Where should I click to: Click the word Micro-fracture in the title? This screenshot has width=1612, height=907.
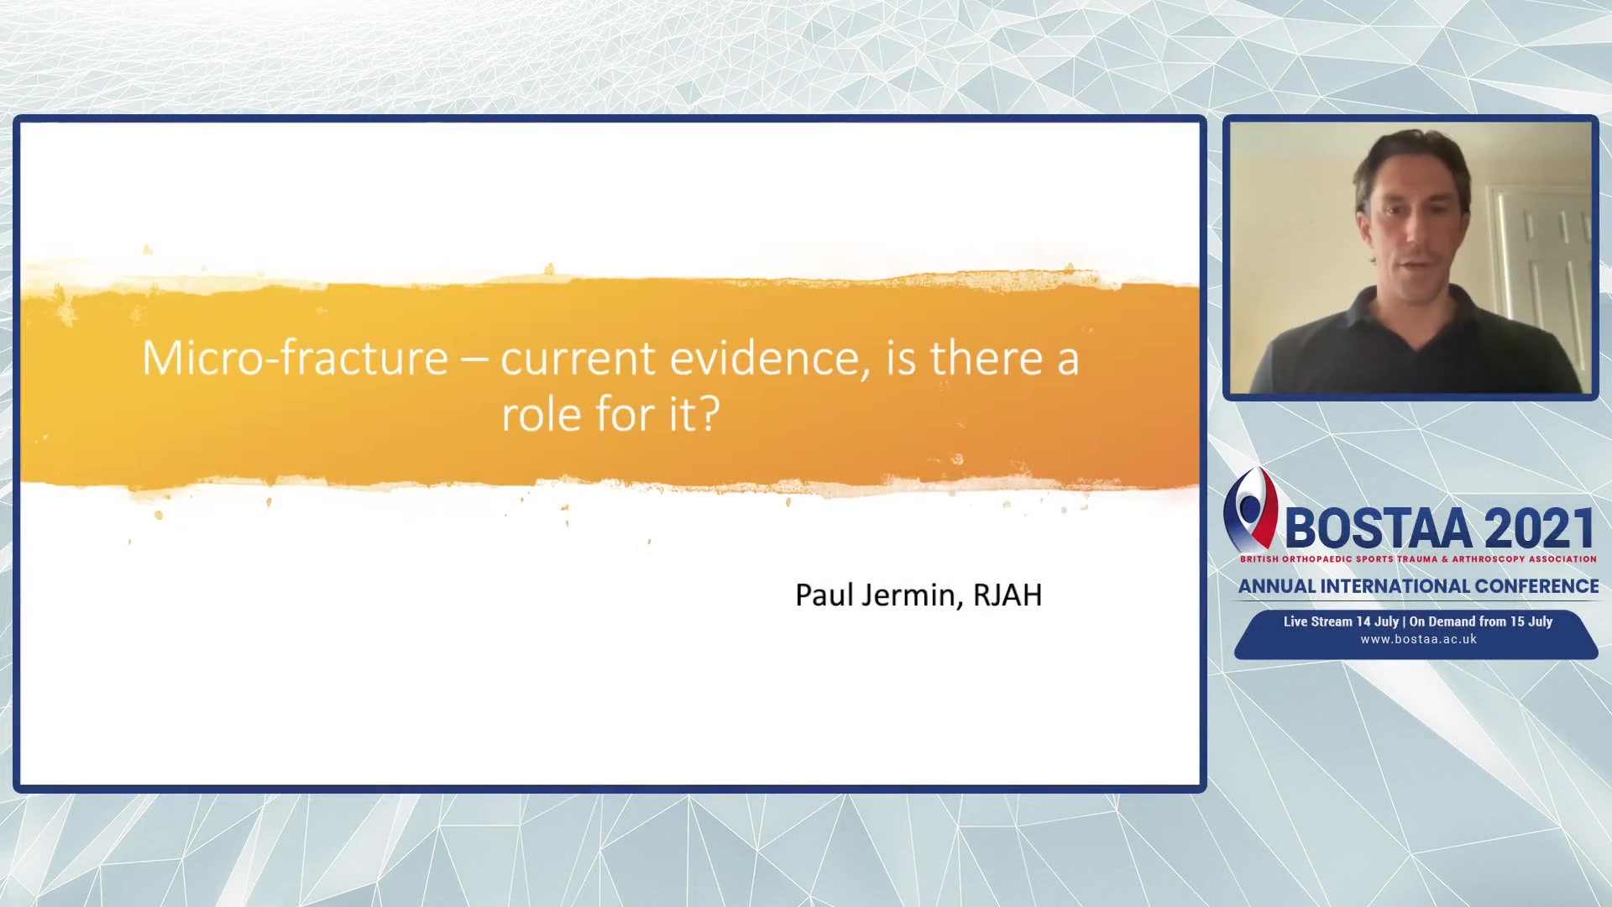click(x=295, y=358)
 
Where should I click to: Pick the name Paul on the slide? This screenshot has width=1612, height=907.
click(x=824, y=595)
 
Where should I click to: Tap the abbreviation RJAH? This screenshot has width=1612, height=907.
click(x=1007, y=595)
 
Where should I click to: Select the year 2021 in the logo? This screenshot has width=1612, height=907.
click(x=1539, y=528)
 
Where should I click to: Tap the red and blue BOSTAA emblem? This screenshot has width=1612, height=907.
click(x=1250, y=509)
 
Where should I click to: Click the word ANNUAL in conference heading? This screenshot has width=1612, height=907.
click(x=1277, y=586)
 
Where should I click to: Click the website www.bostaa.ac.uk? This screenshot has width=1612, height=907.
click(x=1418, y=639)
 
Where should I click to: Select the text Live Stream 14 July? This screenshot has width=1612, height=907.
click(x=1341, y=621)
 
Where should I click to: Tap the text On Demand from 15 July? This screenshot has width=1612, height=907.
click(x=1481, y=621)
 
